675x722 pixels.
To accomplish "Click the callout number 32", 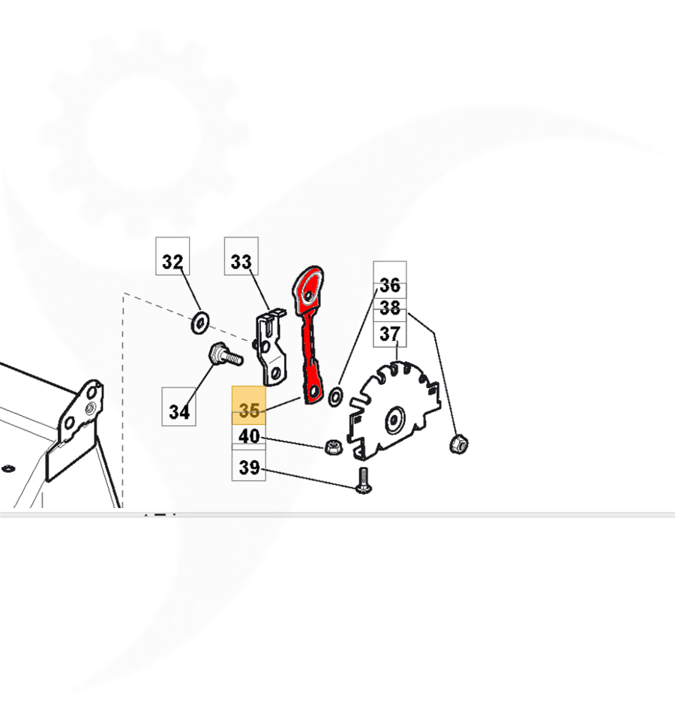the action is [172, 261].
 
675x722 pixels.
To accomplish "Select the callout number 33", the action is [241, 261].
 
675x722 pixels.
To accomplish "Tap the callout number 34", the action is [179, 411].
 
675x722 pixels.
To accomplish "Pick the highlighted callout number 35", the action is [249, 410].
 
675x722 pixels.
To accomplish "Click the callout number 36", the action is [390, 285].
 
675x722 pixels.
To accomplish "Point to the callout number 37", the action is [390, 333].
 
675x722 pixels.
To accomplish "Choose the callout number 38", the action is [390, 308].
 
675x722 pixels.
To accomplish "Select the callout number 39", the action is [249, 468].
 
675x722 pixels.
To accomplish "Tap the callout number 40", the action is [249, 435].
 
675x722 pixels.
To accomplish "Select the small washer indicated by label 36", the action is [335, 397].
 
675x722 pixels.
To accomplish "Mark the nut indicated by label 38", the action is [458, 444].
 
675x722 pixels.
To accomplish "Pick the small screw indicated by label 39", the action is [364, 480].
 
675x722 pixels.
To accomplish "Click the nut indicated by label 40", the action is [332, 447].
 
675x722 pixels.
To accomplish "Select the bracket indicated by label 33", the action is [271, 347].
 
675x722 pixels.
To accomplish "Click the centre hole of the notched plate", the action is [394, 420].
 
